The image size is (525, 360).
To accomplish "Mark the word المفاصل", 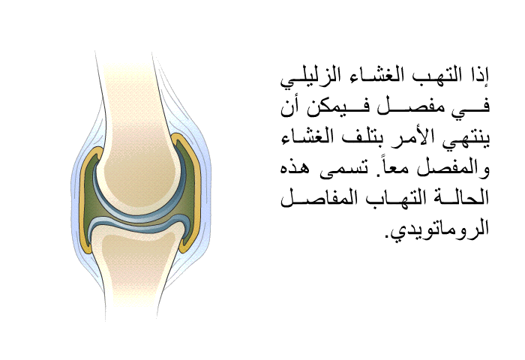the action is [315, 198].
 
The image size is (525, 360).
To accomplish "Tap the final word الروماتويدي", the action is [437, 229].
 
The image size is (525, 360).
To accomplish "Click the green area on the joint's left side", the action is [91, 201].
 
